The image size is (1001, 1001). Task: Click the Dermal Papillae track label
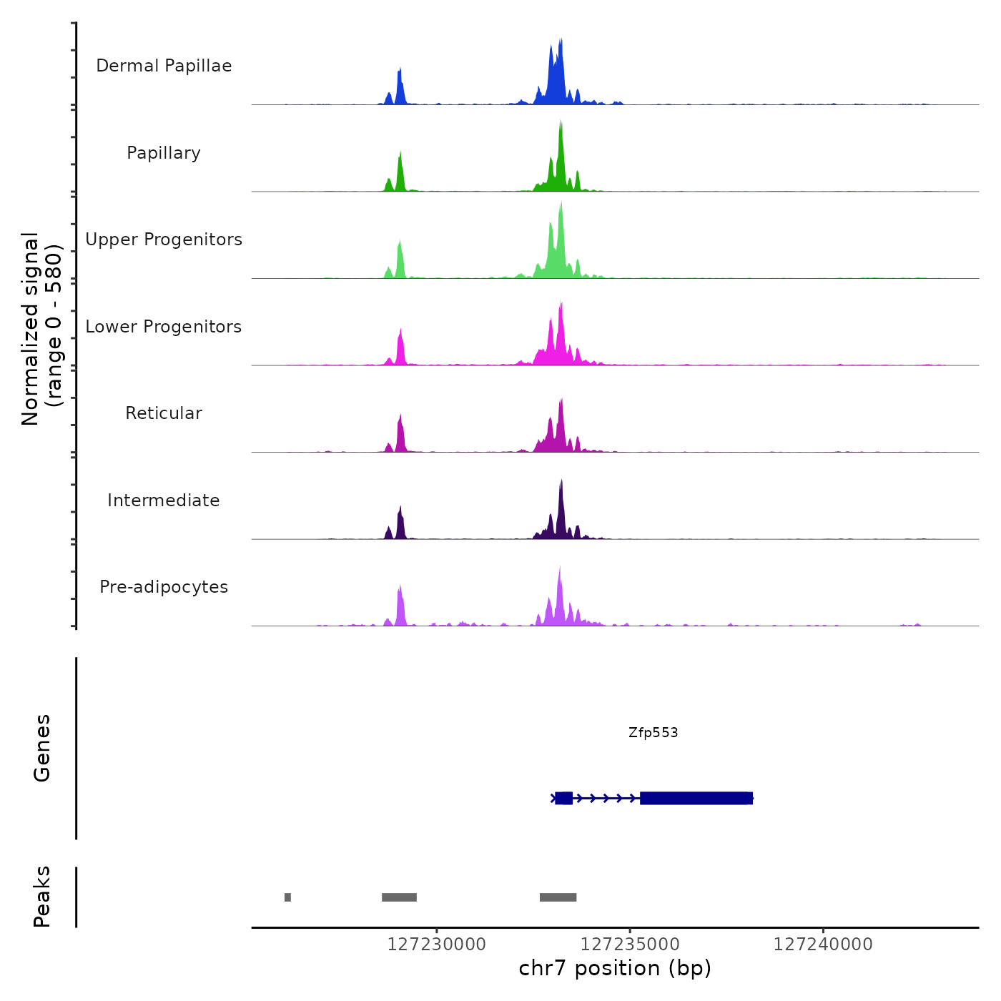tap(164, 66)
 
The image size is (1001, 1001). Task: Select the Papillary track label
tap(164, 153)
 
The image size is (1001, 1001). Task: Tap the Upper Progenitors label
tap(164, 240)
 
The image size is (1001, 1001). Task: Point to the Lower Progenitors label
tap(164, 327)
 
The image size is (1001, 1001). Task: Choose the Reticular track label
tap(164, 413)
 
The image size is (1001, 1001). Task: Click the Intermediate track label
tap(164, 500)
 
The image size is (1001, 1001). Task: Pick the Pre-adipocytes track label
tap(164, 587)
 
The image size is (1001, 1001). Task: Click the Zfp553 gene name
tap(653, 732)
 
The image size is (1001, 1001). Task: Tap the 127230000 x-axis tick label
tap(436, 945)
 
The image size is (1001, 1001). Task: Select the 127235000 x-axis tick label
tap(630, 945)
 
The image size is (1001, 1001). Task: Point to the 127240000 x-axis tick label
tap(823, 945)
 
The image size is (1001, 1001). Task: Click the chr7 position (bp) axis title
tap(615, 968)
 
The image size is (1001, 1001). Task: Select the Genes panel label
tap(42, 747)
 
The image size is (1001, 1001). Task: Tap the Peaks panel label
tap(42, 897)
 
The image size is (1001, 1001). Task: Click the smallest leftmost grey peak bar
tap(287, 897)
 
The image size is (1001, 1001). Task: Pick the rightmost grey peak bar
tap(558, 897)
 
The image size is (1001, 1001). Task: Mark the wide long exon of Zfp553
tap(696, 798)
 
